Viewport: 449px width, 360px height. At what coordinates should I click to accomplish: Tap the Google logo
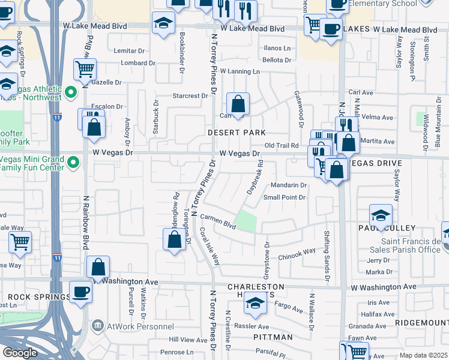pyautogui.click(x=20, y=353)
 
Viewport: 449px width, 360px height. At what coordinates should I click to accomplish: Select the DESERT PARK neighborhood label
pyautogui.click(x=236, y=132)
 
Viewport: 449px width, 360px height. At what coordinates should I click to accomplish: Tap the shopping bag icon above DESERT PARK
pyautogui.click(x=238, y=104)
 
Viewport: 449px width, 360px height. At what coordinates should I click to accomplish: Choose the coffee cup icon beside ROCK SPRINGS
pyautogui.click(x=80, y=292)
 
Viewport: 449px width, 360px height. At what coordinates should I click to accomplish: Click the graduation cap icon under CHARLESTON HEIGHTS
pyautogui.click(x=255, y=304)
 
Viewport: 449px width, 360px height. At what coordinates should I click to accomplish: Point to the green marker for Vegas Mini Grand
pyautogui.click(x=73, y=162)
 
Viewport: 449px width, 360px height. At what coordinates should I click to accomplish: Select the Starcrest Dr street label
pyautogui.click(x=190, y=96)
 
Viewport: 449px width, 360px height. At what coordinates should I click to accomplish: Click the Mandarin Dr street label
pyautogui.click(x=288, y=185)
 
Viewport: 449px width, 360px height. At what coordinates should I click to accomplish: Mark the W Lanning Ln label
pyautogui.click(x=240, y=71)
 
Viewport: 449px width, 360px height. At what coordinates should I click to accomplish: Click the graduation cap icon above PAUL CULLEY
pyautogui.click(x=381, y=215)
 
